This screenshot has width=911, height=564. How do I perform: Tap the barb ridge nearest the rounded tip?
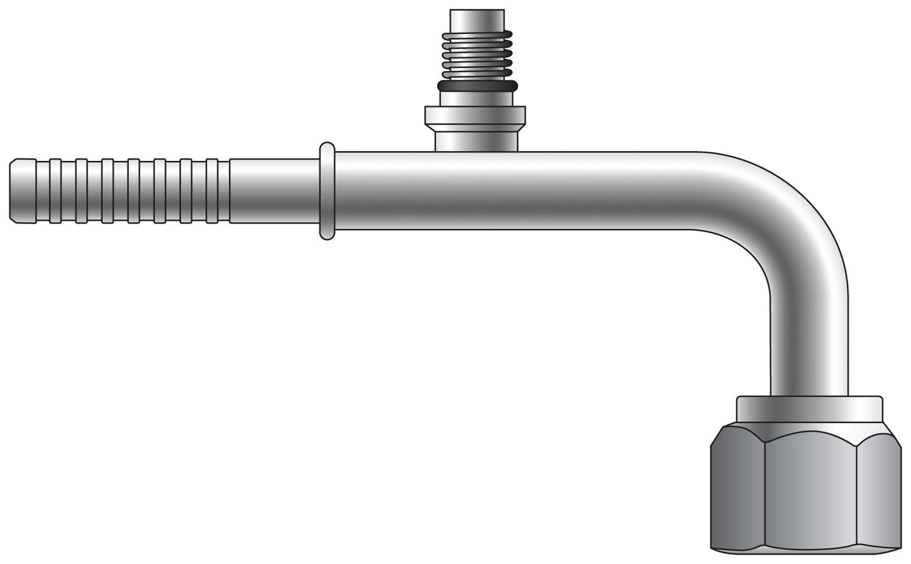pos(54,191)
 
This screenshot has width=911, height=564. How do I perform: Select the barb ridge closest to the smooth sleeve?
pos(213,191)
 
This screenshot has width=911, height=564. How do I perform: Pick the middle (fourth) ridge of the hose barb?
pos(133,191)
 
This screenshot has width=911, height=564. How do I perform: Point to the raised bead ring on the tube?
pos(327,191)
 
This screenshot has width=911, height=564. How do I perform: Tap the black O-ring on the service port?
pos(476,85)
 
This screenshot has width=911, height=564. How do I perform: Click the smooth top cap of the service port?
pos(476,19)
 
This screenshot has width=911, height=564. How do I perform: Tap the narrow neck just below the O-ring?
pos(476,98)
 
